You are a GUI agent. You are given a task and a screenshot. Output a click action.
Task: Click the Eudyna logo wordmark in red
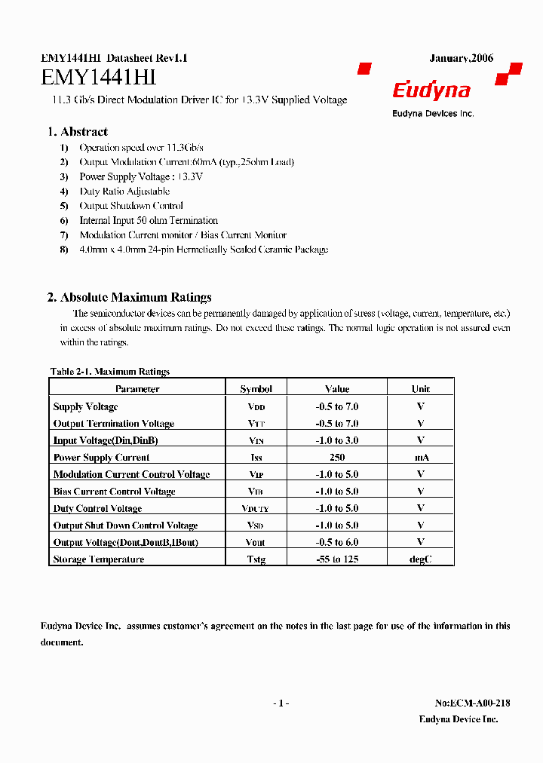(x=431, y=91)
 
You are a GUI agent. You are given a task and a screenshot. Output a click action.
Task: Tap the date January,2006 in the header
(x=461, y=58)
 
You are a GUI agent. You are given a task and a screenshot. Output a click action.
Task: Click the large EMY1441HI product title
(x=98, y=78)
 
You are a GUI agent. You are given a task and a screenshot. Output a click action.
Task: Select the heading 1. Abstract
(x=78, y=132)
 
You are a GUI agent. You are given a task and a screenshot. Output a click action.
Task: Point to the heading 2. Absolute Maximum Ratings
(x=129, y=297)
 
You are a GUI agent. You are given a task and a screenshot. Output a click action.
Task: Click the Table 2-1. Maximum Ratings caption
(x=109, y=372)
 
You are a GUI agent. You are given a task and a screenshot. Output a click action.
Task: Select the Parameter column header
(x=137, y=389)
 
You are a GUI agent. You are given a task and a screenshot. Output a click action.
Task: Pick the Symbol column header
(x=256, y=389)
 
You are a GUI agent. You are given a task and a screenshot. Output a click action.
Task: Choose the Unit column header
(x=420, y=389)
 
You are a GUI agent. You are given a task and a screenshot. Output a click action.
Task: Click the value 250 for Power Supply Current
(x=337, y=458)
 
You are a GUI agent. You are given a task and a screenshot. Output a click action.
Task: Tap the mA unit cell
(x=420, y=458)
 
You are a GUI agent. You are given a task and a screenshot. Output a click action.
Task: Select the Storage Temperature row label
(x=99, y=559)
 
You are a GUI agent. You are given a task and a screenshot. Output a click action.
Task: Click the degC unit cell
(x=420, y=559)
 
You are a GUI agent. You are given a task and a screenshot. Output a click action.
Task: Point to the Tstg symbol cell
(x=256, y=559)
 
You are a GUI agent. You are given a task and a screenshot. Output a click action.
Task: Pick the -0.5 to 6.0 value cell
(x=337, y=542)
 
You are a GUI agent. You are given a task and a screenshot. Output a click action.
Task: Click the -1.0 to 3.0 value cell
(x=337, y=440)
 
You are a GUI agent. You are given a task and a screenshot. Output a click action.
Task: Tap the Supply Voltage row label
(x=85, y=406)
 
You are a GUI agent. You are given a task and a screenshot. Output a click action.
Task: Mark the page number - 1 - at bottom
(x=281, y=703)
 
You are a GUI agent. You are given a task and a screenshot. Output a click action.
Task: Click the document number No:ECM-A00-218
(x=472, y=703)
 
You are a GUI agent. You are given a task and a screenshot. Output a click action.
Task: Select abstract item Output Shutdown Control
(x=131, y=206)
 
